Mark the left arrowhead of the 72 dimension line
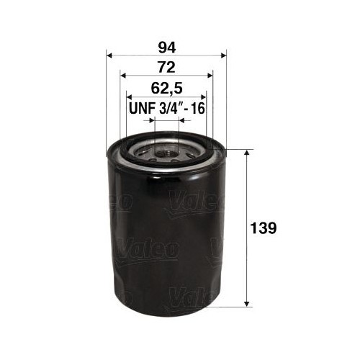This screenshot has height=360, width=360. point(123,75)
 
